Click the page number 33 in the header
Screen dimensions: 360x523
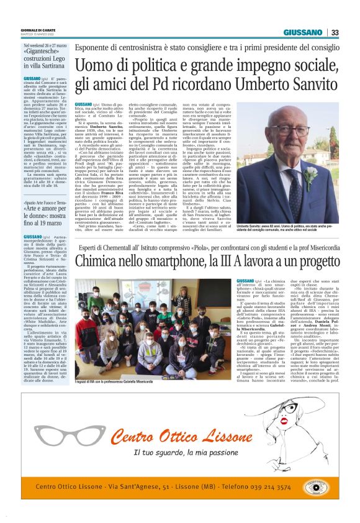(335, 32)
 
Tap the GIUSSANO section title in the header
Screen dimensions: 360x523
(303, 32)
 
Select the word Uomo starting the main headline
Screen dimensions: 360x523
(95, 65)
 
